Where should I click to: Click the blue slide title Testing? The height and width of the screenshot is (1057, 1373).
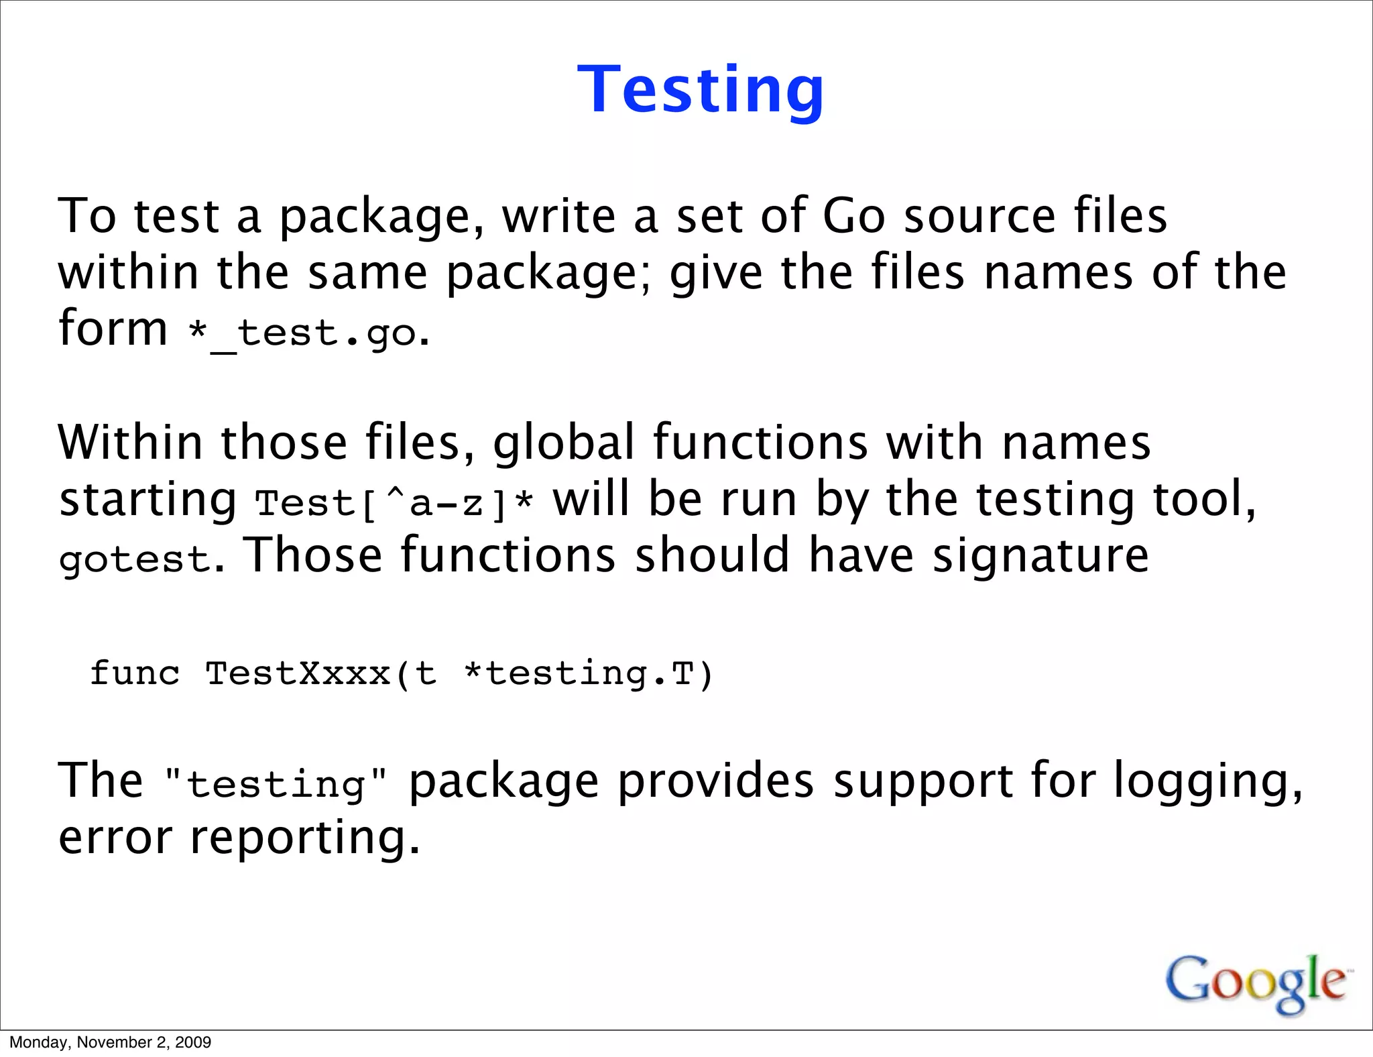(x=701, y=90)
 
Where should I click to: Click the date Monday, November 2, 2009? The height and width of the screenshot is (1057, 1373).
(x=111, y=1042)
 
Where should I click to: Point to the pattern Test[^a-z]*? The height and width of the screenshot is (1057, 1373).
(x=395, y=503)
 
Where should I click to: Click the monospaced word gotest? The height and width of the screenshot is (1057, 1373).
(x=135, y=559)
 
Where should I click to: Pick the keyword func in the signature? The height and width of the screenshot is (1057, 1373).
(x=135, y=673)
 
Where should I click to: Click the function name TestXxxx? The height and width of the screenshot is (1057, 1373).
(x=298, y=673)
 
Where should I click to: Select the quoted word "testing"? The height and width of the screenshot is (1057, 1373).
(x=276, y=784)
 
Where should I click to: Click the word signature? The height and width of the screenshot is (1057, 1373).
(x=1040, y=557)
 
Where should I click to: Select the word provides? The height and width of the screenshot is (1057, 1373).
(x=716, y=781)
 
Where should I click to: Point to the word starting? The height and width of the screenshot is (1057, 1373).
(x=147, y=500)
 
